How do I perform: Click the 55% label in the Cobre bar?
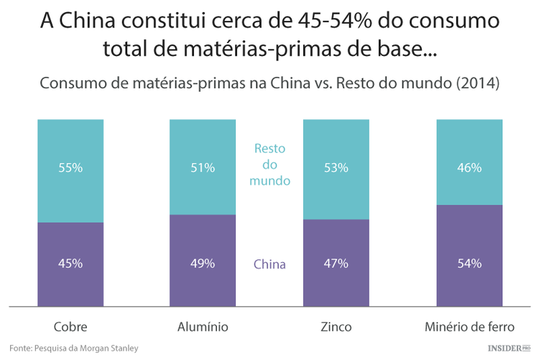click(70, 168)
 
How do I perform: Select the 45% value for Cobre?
click(70, 263)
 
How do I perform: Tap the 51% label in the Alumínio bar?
click(203, 168)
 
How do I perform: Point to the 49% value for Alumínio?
click(203, 263)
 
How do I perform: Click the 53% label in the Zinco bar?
click(336, 168)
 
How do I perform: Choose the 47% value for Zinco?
click(336, 263)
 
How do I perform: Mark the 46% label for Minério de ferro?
click(469, 168)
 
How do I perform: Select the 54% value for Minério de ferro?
click(469, 263)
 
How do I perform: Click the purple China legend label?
click(269, 264)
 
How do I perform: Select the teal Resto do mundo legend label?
click(269, 165)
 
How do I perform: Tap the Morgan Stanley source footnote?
click(74, 348)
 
